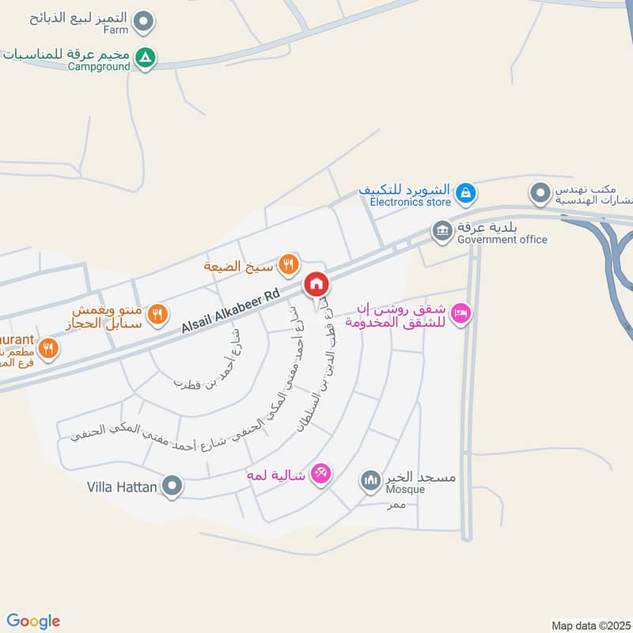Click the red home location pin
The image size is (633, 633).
(316, 284)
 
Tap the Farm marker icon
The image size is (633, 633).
(143, 22)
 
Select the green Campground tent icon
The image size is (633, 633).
(145, 58)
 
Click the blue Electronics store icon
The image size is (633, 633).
(466, 191)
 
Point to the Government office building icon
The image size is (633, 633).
(442, 231)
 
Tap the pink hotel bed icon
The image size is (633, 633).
(463, 314)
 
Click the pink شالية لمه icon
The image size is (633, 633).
(321, 473)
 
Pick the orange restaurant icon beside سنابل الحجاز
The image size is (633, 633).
(158, 314)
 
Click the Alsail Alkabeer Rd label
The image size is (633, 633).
(230, 310)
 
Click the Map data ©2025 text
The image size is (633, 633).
(589, 625)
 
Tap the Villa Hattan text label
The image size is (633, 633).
(122, 487)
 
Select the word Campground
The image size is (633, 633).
(99, 67)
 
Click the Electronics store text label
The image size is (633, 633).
(410, 203)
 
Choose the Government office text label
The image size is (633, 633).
(502, 240)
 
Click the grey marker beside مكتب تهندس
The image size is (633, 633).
(540, 192)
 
